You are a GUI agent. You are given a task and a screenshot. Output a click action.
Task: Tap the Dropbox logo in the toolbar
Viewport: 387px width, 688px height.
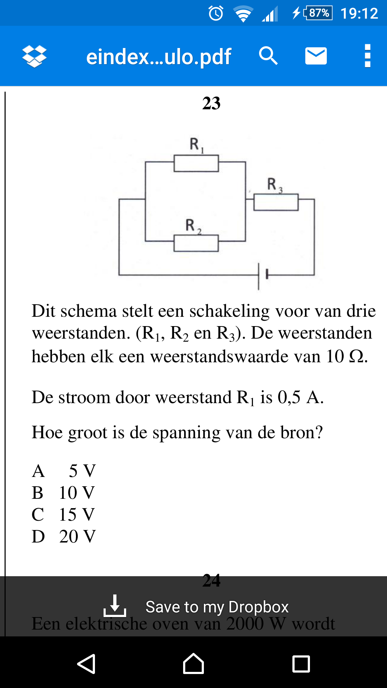coord(34,56)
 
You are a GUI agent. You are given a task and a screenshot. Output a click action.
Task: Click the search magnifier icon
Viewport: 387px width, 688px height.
coord(268,56)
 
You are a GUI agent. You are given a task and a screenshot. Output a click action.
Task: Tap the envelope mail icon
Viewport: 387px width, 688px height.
coord(316,56)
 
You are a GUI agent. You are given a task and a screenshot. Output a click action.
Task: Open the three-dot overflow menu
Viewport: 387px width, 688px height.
coord(367,56)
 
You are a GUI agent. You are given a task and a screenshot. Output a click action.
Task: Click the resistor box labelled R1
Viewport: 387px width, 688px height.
coord(196,163)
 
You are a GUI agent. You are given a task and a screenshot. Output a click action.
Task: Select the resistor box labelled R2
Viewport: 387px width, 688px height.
coord(196,243)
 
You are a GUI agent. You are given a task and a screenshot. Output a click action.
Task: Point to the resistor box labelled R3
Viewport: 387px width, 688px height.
coord(276,202)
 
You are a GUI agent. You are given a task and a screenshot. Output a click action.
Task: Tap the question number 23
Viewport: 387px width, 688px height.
coord(211,103)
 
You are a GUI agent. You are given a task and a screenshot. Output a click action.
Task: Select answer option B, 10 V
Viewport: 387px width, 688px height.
coord(64,493)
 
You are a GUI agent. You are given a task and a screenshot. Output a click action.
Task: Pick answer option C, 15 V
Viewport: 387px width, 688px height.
coord(64,515)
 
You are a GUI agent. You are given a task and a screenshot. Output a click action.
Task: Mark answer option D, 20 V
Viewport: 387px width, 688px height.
coord(64,536)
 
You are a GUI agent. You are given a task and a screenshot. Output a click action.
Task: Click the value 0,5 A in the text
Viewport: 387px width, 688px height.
coord(301,397)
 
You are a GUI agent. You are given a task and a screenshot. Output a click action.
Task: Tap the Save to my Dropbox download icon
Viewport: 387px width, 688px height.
coord(115,606)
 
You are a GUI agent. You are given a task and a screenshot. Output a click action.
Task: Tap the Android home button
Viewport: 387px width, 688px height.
coord(193,664)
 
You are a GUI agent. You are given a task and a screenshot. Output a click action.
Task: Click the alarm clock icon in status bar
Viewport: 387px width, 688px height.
coord(216,13)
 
